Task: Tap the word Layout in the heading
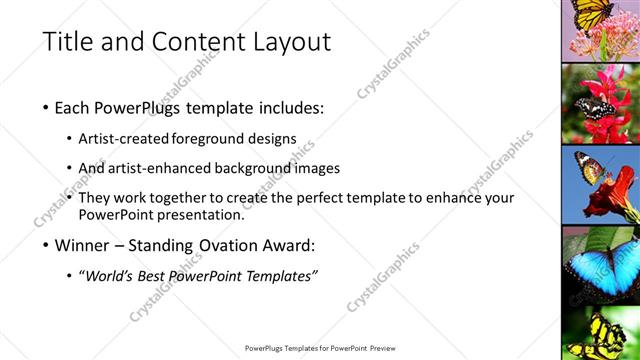[x=291, y=42]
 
